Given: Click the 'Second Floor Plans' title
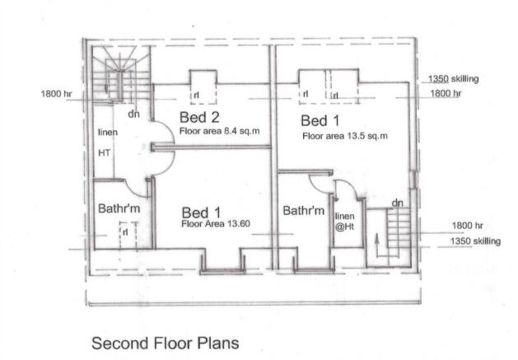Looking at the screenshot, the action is coord(166,344).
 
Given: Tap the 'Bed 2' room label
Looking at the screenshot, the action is coord(199,117).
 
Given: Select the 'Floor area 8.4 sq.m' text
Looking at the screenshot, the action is coord(219,131).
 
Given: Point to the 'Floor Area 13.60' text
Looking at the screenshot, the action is coord(216,224).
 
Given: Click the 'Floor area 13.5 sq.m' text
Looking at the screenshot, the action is coord(345,136).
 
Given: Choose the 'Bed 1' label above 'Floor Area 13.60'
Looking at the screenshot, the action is coord(201,213).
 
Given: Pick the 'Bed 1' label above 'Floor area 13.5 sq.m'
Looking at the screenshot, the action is coord(320,120).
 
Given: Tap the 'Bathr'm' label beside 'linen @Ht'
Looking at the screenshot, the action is coord(304,211).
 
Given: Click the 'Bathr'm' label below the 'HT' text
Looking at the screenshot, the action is coord(119,208).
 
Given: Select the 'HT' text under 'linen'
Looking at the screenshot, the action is coord(105,153).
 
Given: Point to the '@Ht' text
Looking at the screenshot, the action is coord(344,227).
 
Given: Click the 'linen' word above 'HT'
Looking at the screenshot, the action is coord(108,133).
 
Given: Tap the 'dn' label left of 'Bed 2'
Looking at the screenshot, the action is coord(133,115).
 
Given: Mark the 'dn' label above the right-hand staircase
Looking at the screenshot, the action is coord(397,203).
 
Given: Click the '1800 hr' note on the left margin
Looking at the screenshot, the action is coord(56,94).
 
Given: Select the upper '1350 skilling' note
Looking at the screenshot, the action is coord(453,79).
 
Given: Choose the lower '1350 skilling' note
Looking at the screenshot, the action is coord(475,241).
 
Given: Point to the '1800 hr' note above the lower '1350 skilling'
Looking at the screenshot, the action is coord(468,226).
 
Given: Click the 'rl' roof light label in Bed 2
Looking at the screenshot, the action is coord(197,96).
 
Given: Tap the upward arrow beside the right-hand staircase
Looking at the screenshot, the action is coord(376,245).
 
